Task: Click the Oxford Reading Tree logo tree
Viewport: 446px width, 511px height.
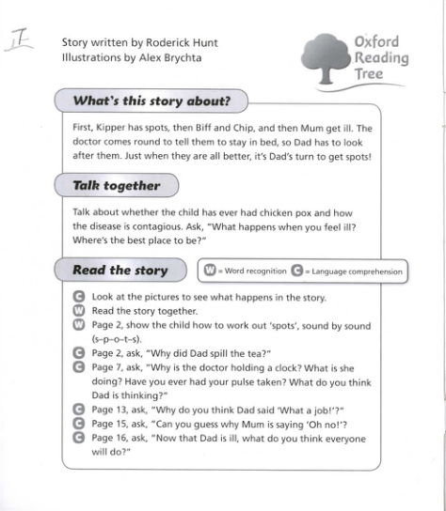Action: [326, 59]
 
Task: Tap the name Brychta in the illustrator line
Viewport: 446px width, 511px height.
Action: [182, 57]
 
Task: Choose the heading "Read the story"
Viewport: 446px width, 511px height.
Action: [119, 271]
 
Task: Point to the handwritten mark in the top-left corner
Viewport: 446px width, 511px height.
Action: [21, 42]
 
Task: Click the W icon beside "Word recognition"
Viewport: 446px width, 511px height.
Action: [212, 271]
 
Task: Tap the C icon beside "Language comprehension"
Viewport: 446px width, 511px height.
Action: [297, 271]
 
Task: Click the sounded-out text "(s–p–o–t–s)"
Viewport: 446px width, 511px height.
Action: [118, 338]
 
